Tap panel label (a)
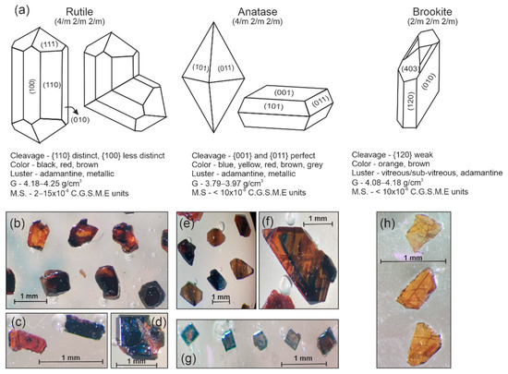[11, 8]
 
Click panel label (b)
[17, 222]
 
